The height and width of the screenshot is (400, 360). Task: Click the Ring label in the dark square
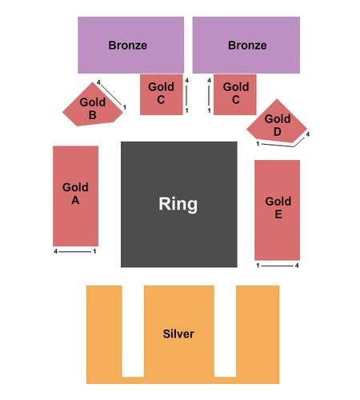(x=178, y=204)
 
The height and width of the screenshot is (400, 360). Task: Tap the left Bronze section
(x=130, y=45)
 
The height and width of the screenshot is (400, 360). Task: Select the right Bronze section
(x=246, y=45)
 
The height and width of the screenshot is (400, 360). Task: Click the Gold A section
(x=76, y=196)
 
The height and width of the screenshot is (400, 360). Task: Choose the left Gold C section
(x=162, y=94)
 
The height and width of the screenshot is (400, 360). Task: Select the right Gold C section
(x=235, y=94)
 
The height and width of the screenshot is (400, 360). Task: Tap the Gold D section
(x=277, y=122)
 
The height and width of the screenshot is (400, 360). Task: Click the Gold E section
(x=278, y=210)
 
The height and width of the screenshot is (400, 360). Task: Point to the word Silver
(x=178, y=334)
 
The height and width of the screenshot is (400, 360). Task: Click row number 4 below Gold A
(x=55, y=251)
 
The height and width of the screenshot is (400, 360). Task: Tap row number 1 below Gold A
(x=94, y=251)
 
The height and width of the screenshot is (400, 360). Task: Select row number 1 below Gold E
(x=258, y=266)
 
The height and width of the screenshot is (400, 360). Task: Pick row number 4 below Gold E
(x=297, y=266)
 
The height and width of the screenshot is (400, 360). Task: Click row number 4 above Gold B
(x=98, y=82)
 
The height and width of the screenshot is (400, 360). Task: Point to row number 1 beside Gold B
(x=125, y=107)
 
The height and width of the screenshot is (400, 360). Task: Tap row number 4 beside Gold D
(x=308, y=134)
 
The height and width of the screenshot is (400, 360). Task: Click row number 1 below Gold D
(x=258, y=144)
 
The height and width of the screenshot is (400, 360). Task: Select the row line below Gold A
(x=75, y=251)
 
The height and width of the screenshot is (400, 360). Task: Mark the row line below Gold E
(x=278, y=266)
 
